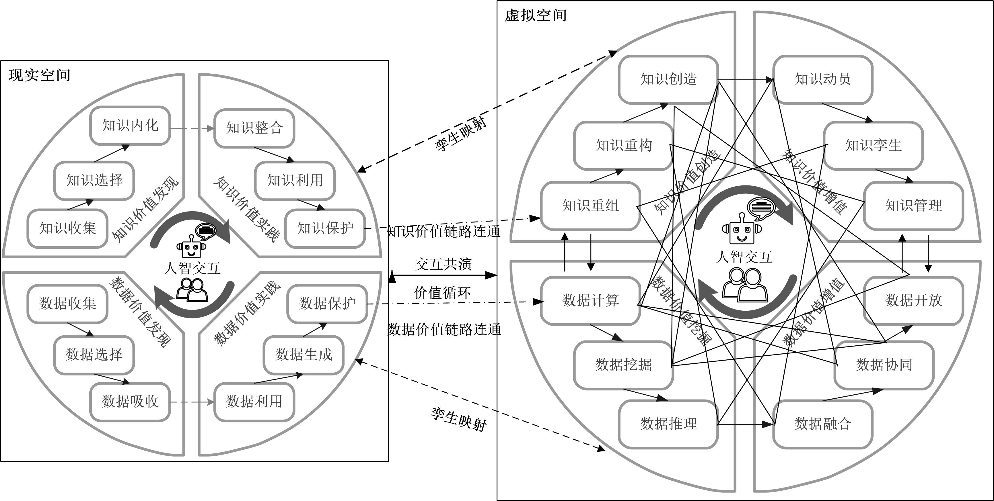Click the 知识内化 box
130,125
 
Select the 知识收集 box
67,228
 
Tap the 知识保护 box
325,228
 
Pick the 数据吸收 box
130,402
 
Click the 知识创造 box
668,79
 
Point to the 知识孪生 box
873,146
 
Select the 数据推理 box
668,424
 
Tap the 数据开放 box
913,300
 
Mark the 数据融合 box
823,424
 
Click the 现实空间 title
39,75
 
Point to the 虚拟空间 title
536,15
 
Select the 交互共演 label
443,264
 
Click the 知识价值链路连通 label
444,232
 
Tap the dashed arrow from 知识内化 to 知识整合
192,128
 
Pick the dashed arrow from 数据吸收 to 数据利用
192,402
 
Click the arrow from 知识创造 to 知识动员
746,80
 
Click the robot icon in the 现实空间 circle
189,247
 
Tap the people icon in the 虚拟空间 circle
745,285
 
